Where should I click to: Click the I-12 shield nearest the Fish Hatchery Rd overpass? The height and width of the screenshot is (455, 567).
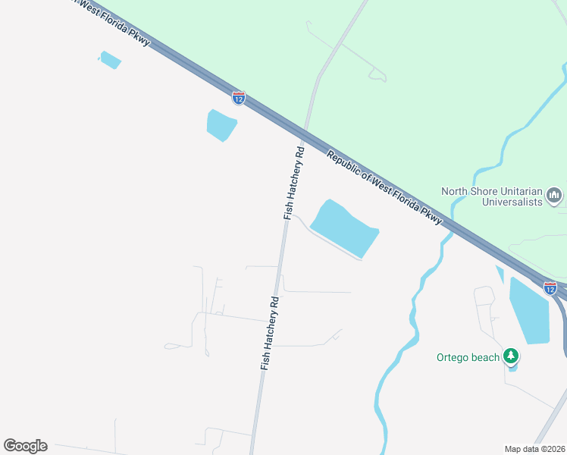pyautogui.click(x=238, y=97)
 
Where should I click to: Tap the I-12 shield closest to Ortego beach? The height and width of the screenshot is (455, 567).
pyautogui.click(x=550, y=287)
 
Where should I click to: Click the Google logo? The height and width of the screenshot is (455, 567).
pyautogui.click(x=25, y=445)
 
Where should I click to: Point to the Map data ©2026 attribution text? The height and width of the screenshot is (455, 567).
pyautogui.click(x=535, y=448)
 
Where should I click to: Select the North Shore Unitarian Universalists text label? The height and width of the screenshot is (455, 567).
pyautogui.click(x=493, y=196)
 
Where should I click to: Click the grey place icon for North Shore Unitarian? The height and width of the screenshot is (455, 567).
pyautogui.click(x=554, y=196)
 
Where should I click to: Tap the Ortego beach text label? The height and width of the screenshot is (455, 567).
pyautogui.click(x=468, y=357)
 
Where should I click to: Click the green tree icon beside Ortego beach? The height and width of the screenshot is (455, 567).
pyautogui.click(x=512, y=356)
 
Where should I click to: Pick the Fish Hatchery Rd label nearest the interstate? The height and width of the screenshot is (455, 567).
pyautogui.click(x=294, y=182)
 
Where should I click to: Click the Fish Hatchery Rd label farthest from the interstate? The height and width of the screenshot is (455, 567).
pyautogui.click(x=271, y=332)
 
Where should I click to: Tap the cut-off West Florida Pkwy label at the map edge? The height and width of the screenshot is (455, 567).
pyautogui.click(x=114, y=21)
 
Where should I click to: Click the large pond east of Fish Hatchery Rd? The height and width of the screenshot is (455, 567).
pyautogui.click(x=345, y=228)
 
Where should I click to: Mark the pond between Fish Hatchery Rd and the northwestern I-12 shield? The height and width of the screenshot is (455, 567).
pyautogui.click(x=221, y=124)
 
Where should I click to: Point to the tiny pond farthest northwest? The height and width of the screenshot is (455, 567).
pyautogui.click(x=110, y=60)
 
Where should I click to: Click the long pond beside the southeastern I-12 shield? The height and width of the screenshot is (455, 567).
pyautogui.click(x=528, y=311)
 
